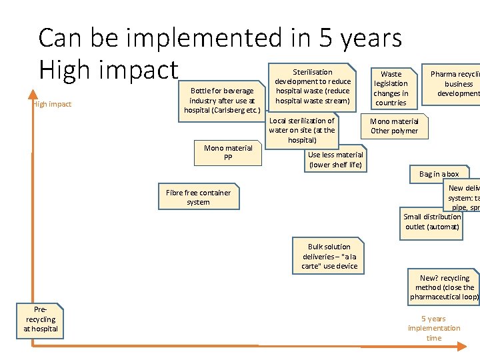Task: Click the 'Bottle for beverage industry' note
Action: [222, 101]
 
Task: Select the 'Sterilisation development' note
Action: [312, 86]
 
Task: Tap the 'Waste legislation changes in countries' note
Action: [391, 88]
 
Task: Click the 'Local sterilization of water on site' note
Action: [301, 131]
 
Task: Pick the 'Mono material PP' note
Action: [228, 153]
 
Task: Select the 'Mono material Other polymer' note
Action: [394, 126]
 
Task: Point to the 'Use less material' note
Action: [335, 159]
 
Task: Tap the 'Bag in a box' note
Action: [439, 174]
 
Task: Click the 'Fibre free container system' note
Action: [198, 197]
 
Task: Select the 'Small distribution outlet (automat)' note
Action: [432, 221]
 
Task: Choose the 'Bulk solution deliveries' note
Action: [329, 256]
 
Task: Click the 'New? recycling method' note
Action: [444, 287]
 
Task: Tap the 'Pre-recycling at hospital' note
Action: [41, 319]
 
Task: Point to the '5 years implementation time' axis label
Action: [434, 328]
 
